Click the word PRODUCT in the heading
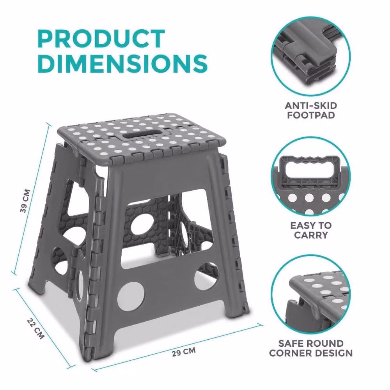point(101,39)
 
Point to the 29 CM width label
point(184,352)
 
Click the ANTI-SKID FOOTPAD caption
point(311,110)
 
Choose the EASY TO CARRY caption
point(311,230)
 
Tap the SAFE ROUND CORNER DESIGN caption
point(311,348)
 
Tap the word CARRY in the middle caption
point(311,235)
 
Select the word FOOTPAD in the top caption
point(311,115)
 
